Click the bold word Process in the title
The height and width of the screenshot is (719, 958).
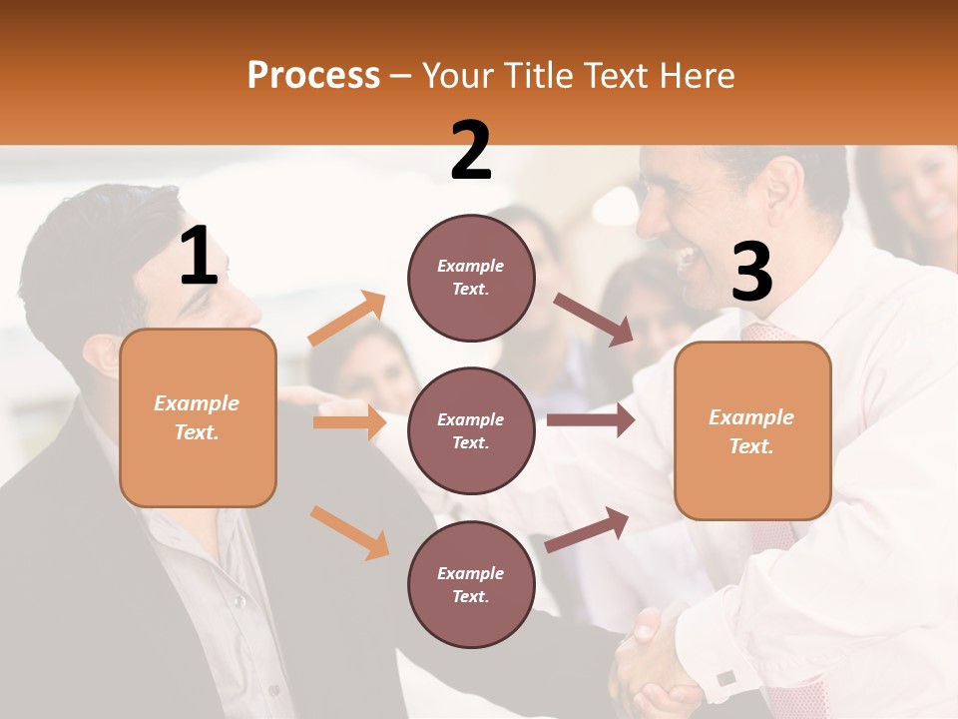click(x=313, y=75)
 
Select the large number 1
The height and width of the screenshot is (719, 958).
click(x=199, y=257)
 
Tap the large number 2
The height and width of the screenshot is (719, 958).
click(x=471, y=151)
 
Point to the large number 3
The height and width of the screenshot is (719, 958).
click(x=751, y=273)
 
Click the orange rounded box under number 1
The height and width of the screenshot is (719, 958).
click(x=198, y=417)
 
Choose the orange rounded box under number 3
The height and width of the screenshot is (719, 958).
click(x=752, y=430)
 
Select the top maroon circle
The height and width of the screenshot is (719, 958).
click(x=471, y=278)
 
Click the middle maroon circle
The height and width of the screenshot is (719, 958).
click(x=471, y=430)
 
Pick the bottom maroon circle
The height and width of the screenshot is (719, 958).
click(x=471, y=584)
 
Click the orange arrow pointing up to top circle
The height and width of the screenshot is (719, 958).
click(x=347, y=319)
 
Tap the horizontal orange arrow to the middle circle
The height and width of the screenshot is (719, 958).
click(x=349, y=422)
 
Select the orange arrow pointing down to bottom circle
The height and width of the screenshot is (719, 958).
click(x=349, y=532)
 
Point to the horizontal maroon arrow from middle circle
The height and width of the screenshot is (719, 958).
click(x=591, y=420)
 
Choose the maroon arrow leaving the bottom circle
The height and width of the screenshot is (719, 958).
click(x=588, y=529)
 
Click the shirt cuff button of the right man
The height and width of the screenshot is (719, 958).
click(x=725, y=678)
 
